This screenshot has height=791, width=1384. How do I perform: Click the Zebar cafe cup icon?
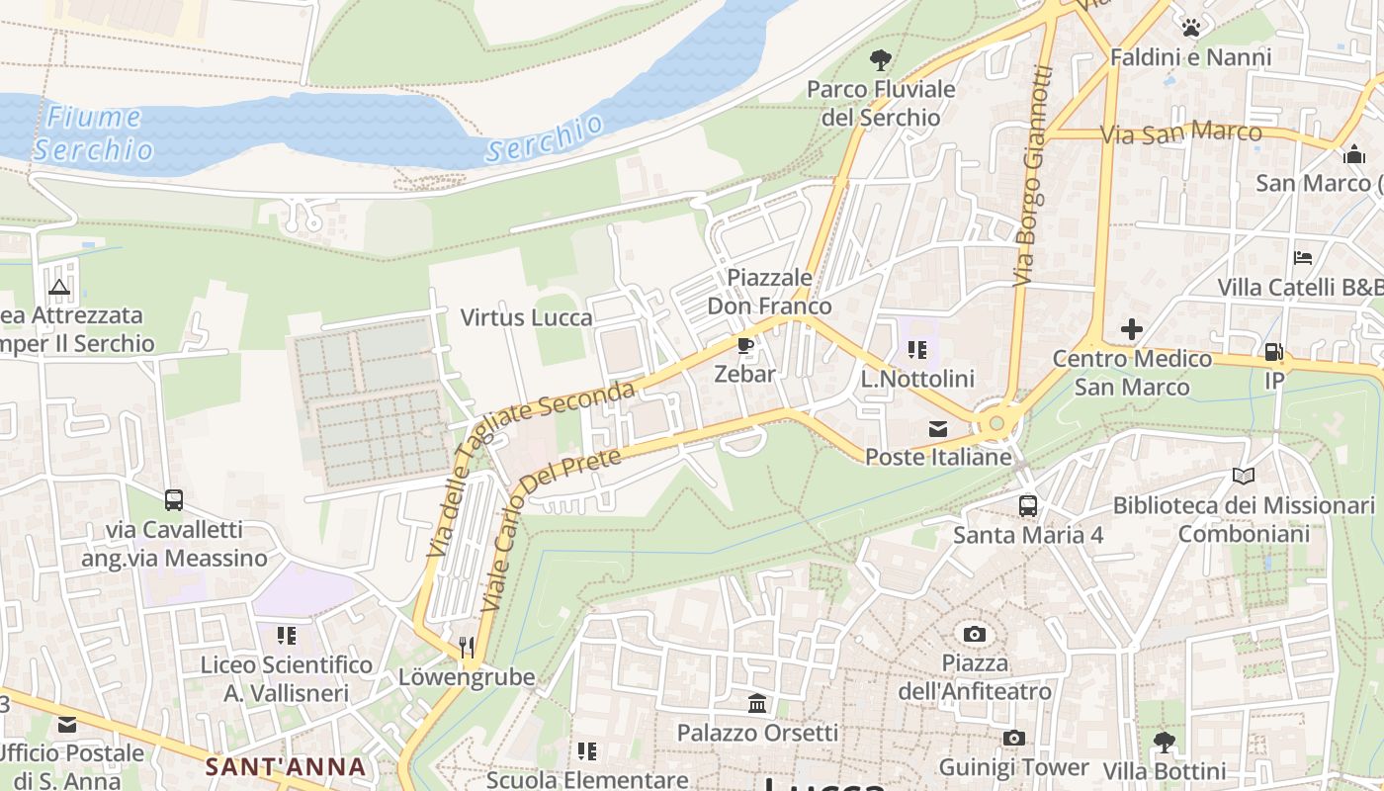744,346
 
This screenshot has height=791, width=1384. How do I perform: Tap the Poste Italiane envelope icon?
937,429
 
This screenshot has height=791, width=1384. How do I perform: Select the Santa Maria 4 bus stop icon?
1027,506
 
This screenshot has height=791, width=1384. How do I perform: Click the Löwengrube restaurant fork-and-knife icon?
467,648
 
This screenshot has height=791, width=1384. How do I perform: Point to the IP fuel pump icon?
1274,351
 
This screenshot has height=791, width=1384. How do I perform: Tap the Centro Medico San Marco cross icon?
1131,329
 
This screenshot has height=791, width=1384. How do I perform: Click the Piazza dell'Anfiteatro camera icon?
974,634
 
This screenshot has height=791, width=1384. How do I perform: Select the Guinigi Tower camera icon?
1012,739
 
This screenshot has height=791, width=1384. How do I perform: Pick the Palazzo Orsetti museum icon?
757,704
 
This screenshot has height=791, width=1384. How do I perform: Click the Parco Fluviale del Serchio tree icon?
880,60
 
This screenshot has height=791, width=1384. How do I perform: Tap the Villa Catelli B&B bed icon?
1303,258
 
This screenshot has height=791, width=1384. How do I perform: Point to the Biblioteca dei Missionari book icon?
1243,477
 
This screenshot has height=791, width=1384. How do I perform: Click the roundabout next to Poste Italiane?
996,423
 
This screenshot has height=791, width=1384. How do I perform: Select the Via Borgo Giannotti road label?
1032,175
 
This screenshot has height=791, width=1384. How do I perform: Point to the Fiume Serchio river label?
94,133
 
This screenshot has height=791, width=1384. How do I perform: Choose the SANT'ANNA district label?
286,766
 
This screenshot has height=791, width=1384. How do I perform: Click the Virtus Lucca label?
527,317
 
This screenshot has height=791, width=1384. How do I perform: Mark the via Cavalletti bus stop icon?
174,500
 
